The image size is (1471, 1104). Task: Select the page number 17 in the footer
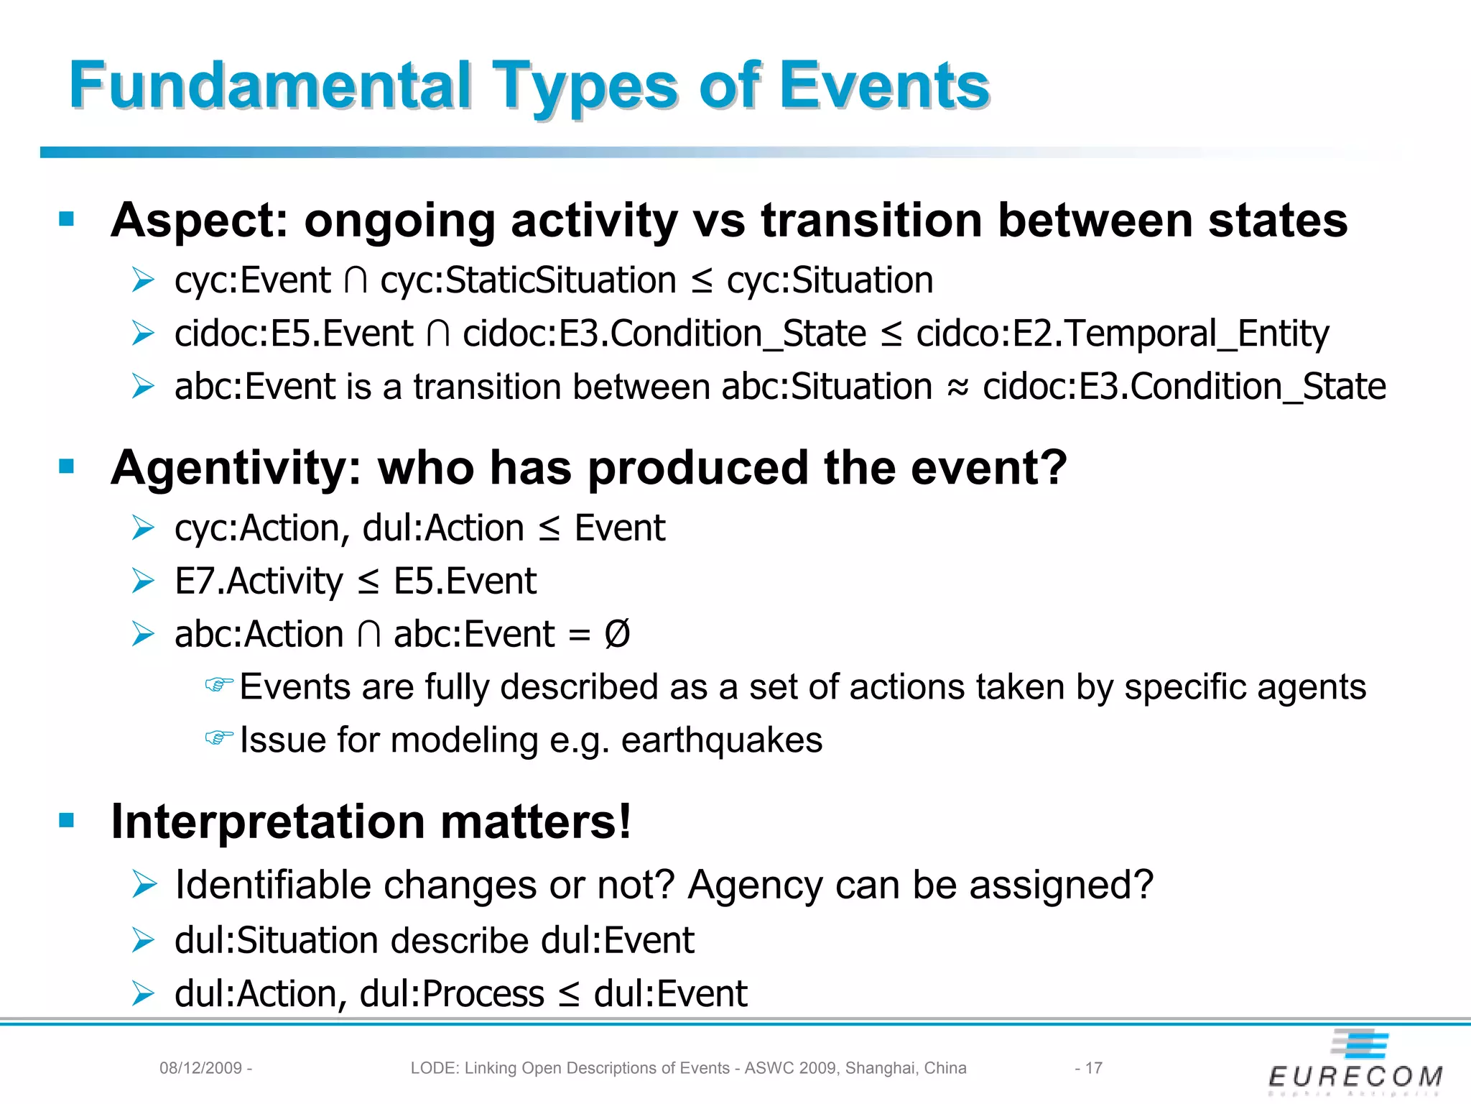[1093, 1068]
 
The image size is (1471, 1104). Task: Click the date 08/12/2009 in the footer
[200, 1068]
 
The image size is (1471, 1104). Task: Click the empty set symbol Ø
[617, 634]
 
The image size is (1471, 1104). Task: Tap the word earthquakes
[721, 740]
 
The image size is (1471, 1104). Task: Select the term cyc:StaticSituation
[528, 280]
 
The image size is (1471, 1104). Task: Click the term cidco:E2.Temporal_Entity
[1122, 333]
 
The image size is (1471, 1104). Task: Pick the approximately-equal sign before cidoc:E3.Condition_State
[957, 388]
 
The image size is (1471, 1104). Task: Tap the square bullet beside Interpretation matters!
[67, 820]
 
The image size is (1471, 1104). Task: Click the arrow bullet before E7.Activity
[143, 581]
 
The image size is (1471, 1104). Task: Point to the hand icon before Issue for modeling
[219, 737]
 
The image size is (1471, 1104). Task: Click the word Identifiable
[274, 885]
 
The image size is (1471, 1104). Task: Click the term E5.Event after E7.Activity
[465, 581]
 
